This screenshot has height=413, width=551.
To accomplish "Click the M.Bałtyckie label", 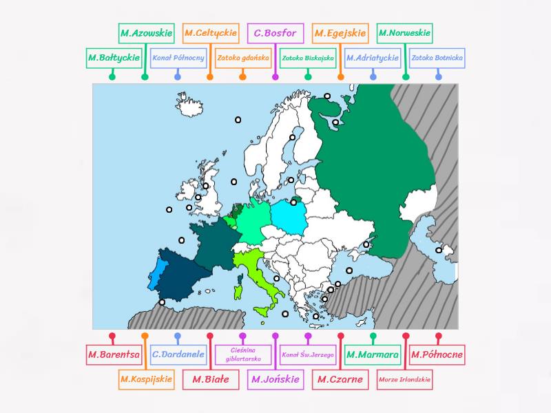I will (x=113, y=58).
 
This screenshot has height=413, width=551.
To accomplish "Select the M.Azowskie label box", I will (x=145, y=32).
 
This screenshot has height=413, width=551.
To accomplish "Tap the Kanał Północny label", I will (x=178, y=58).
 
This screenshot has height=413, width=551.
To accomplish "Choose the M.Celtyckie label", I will (x=211, y=32).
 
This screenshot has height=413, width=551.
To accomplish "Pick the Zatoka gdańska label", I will (x=242, y=58).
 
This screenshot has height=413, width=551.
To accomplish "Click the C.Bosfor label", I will (x=275, y=32).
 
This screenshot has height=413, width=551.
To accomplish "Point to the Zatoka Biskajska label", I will (x=308, y=58).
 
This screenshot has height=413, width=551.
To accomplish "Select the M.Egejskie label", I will (x=340, y=32).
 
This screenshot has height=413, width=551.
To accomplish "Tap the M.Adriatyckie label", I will (x=373, y=58).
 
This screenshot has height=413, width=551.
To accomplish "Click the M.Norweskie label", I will (x=405, y=32).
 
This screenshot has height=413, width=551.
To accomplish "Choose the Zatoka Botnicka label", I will (x=437, y=58).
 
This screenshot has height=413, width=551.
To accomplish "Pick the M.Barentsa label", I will (x=113, y=355).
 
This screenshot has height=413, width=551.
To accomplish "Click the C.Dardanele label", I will (x=178, y=355).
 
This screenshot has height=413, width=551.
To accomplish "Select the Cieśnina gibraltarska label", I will (x=242, y=355).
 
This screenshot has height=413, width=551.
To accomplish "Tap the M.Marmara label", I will (x=373, y=355).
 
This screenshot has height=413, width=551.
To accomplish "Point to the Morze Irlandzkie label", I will (x=405, y=379).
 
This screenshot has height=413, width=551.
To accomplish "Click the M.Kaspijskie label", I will (x=145, y=379).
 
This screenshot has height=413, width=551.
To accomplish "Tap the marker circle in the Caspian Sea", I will (x=439, y=250).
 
